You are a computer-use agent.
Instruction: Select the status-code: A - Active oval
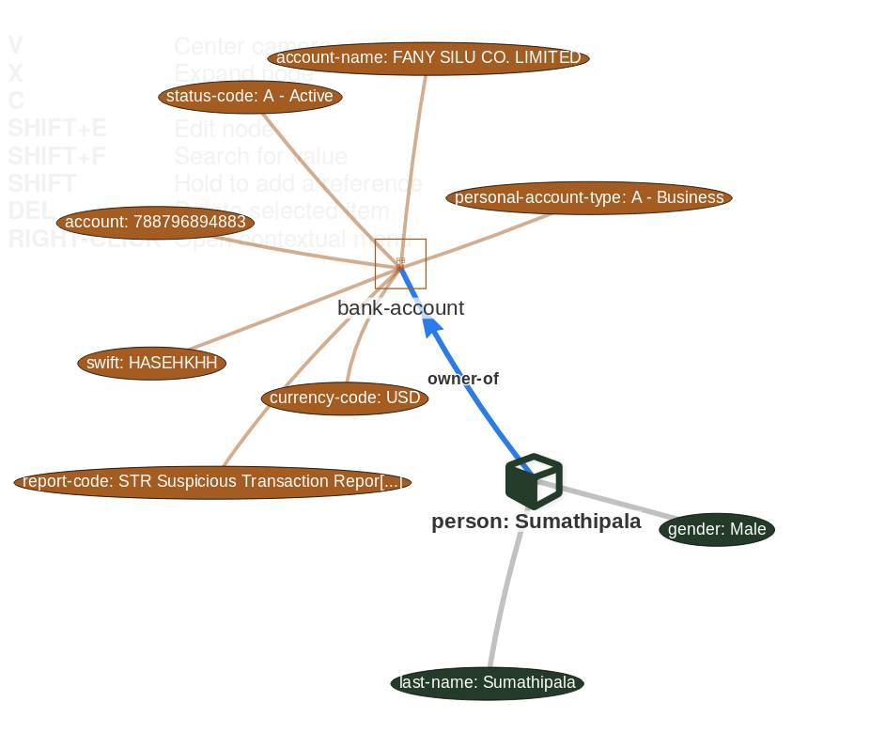pyautogui.click(x=250, y=96)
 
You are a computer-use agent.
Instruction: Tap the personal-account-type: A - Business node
pyautogui.click(x=589, y=197)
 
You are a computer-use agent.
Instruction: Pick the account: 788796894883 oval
pyautogui.click(x=156, y=222)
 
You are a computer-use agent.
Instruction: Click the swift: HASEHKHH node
pyautogui.click(x=151, y=363)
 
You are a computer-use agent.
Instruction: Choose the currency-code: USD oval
pyautogui.click(x=345, y=398)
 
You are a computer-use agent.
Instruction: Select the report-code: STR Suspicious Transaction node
pyautogui.click(x=212, y=482)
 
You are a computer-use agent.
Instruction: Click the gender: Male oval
pyautogui.click(x=717, y=529)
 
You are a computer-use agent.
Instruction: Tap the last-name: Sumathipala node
pyautogui.click(x=487, y=682)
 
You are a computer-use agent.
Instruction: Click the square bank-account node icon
pyautogui.click(x=400, y=263)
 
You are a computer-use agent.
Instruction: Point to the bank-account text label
pyautogui.click(x=400, y=308)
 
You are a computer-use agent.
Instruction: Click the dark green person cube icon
pyautogui.click(x=534, y=480)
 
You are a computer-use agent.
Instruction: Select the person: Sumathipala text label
pyautogui.click(x=536, y=522)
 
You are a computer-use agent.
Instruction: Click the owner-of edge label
pyautogui.click(x=462, y=379)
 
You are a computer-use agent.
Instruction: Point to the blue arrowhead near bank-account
pyautogui.click(x=432, y=326)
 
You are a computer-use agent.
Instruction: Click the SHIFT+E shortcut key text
pyautogui.click(x=57, y=128)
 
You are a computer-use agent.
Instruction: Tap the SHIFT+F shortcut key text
pyautogui.click(x=56, y=156)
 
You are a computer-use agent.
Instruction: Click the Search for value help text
pyautogui.click(x=260, y=156)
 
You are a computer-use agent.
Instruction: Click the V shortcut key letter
pyautogui.click(x=15, y=46)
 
